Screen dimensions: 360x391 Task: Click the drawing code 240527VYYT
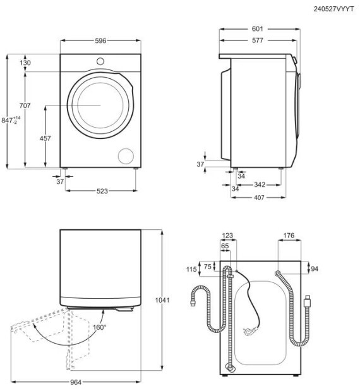(333, 9)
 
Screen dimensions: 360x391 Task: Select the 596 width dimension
(100, 40)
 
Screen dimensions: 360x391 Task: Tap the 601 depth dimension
(257, 29)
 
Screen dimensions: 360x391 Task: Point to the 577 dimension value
(258, 40)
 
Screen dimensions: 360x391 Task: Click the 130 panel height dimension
(25, 63)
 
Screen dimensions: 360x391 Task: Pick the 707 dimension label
(25, 105)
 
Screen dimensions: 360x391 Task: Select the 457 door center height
(45, 138)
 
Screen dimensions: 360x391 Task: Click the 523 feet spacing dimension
(102, 191)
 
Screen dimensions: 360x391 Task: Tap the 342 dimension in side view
(260, 184)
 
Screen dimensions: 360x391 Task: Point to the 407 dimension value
(259, 198)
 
